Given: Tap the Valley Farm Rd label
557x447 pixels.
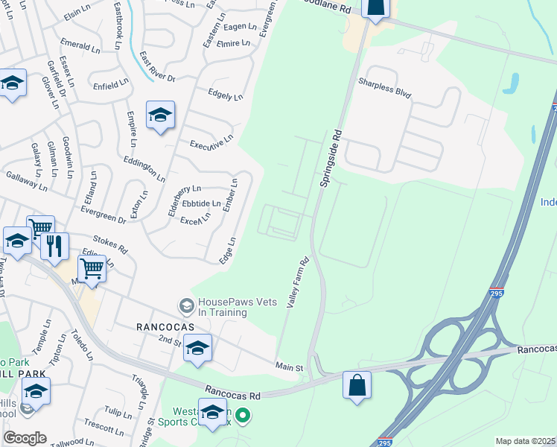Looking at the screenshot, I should point(298,285).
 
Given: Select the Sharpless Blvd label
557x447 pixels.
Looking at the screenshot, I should point(384,89).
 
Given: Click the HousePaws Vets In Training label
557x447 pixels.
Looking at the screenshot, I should point(222,307).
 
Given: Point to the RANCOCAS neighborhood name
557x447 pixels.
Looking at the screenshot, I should point(165,326).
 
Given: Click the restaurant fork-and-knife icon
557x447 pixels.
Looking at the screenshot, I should point(54,246).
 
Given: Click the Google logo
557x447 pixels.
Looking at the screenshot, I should point(25,437).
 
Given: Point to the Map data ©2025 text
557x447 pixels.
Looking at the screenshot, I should point(524,441).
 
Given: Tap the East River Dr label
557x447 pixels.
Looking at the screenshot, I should point(156,68).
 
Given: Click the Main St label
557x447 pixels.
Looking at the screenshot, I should point(290,368).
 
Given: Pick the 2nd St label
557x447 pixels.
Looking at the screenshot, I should point(169,340).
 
